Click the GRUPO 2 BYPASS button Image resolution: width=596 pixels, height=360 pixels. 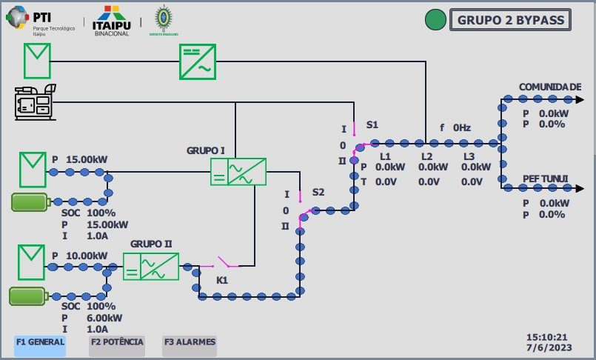510,20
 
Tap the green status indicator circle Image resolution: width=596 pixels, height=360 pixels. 435,20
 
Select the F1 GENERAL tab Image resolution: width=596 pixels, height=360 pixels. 40,342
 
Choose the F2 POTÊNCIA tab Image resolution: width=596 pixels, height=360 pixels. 116,342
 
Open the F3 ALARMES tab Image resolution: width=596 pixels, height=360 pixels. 190,342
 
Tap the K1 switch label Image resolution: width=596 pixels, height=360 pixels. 221,281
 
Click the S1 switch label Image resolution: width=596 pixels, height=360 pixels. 372,125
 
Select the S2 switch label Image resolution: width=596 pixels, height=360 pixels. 318,193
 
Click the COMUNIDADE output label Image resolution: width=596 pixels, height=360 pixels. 550,87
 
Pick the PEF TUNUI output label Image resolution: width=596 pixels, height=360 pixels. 545,179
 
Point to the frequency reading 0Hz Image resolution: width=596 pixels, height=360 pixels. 462,127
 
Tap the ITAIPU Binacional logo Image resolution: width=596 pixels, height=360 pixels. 111,21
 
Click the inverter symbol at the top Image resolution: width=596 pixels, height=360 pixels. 196,61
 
